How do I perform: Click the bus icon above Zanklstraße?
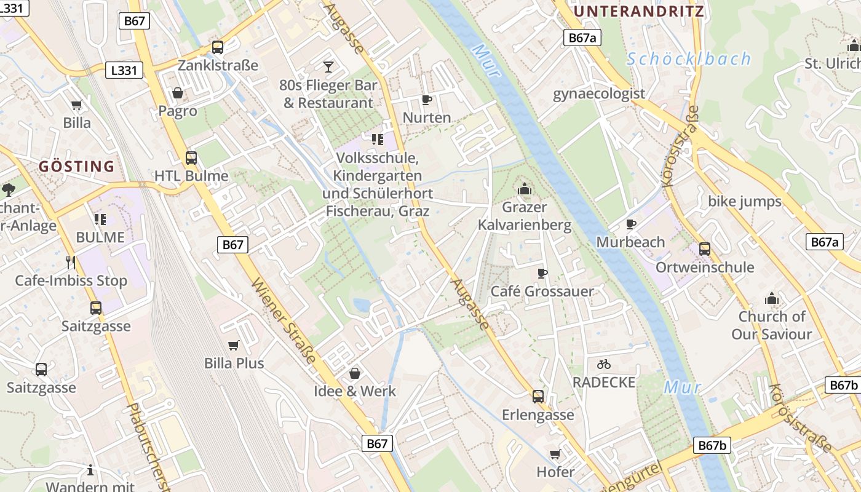point(218,47)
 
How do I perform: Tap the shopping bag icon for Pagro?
point(178,93)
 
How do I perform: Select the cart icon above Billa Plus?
point(234,345)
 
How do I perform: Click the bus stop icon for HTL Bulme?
point(191,157)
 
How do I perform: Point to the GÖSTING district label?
point(77,166)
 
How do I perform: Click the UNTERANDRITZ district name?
point(639,11)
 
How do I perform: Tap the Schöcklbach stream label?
point(689,59)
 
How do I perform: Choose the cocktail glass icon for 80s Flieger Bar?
point(328,66)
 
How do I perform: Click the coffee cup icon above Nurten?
point(427,100)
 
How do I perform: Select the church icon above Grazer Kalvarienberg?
point(525,189)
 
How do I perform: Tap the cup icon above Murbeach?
point(631,224)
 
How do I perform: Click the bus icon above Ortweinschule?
point(705,249)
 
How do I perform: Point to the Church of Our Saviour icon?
point(772,299)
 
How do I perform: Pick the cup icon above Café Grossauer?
point(542,273)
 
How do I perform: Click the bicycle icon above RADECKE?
point(604,364)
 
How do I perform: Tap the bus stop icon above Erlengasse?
point(538,396)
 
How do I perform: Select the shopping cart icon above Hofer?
point(555,454)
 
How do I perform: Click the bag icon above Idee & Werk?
point(355,373)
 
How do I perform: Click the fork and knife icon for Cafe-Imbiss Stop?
point(71,263)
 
